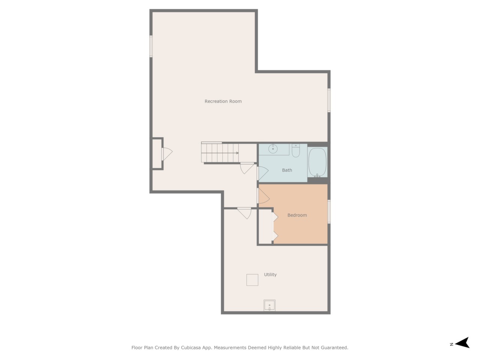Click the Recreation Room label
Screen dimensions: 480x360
(223, 101)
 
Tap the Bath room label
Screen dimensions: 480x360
(287, 170)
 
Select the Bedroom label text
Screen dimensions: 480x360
(297, 215)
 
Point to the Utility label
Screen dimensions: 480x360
(270, 275)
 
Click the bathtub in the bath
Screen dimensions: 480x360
(317, 162)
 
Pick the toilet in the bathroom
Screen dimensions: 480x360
(295, 150)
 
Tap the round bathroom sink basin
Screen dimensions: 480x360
(273, 149)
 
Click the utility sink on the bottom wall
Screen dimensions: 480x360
(269, 305)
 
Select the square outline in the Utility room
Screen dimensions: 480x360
(252, 280)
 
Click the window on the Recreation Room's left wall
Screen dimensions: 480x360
(151, 46)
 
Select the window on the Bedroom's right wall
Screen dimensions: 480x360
(328, 211)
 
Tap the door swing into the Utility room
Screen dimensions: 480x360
(244, 213)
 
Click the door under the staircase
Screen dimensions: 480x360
(247, 168)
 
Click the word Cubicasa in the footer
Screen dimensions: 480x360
(190, 348)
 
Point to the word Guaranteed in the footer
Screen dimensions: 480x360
(336, 348)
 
